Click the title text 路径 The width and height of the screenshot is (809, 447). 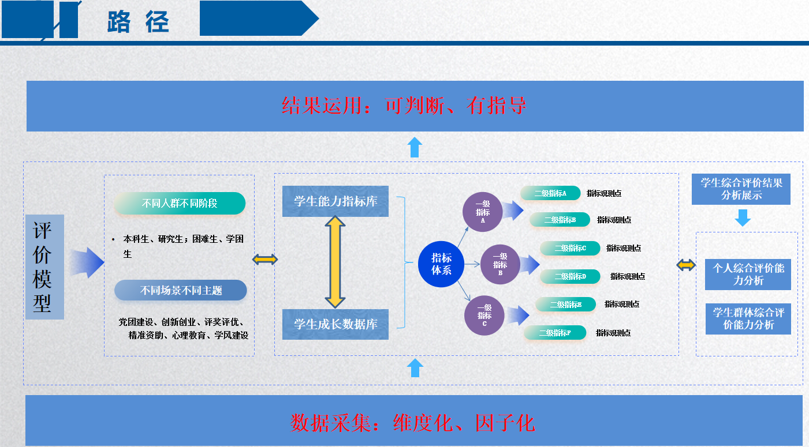[x=138, y=22]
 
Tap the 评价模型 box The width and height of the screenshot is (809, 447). [x=44, y=266]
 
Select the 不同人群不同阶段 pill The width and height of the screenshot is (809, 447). [x=180, y=204]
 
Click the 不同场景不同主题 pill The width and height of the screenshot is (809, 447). [x=181, y=291]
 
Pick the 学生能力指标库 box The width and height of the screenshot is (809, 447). [x=335, y=201]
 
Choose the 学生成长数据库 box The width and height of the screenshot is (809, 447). [x=335, y=324]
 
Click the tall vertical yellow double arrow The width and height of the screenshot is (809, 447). [x=335, y=262]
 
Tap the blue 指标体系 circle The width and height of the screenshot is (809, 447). [x=442, y=264]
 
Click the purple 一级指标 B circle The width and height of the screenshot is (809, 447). [x=500, y=265]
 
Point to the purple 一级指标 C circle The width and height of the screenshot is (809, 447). [x=484, y=315]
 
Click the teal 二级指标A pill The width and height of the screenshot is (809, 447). [x=550, y=193]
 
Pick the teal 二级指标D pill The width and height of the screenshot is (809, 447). [x=570, y=276]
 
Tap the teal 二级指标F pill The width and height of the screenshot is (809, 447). [x=555, y=333]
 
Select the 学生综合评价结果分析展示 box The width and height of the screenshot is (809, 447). [x=741, y=189]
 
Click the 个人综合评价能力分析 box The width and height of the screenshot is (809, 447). [x=748, y=275]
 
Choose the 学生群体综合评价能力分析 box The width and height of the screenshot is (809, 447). [x=748, y=319]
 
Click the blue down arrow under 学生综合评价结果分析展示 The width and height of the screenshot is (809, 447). [x=743, y=217]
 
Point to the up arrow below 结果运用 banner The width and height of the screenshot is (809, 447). [x=414, y=147]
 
